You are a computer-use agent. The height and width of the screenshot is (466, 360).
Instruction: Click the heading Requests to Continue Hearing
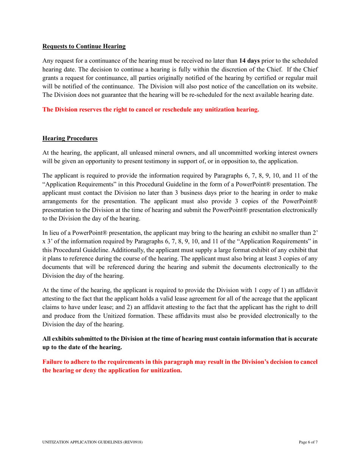(x=84, y=47)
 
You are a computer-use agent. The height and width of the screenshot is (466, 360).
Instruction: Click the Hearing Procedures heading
(x=70, y=139)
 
